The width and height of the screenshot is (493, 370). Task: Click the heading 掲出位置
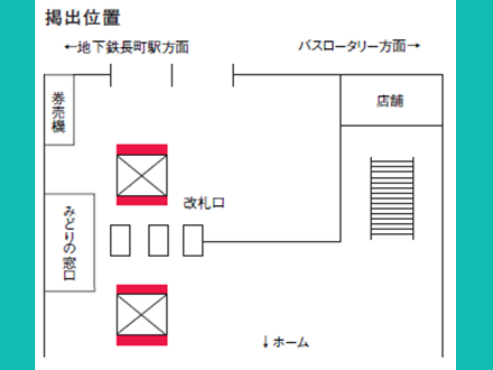[x=83, y=18]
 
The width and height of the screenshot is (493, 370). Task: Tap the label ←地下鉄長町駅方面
[x=127, y=47]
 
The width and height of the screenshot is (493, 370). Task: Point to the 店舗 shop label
[x=390, y=101]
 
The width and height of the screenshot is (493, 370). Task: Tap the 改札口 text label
[x=204, y=203]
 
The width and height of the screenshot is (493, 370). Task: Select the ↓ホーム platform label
[x=286, y=342]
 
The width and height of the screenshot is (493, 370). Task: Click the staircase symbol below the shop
[x=392, y=198]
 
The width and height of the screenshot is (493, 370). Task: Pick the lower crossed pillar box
[x=142, y=314]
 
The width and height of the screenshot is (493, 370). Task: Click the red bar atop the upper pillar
[x=142, y=149]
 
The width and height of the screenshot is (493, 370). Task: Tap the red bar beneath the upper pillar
[x=142, y=201]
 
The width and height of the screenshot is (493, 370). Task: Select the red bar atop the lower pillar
[x=142, y=289]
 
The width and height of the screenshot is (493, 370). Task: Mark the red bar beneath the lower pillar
[x=142, y=340]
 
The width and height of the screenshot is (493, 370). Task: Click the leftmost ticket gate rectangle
[x=120, y=240]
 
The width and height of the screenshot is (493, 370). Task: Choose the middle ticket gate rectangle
[x=158, y=240]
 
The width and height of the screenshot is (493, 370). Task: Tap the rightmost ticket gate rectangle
[x=193, y=240]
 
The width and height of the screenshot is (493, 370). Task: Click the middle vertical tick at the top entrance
[x=172, y=75]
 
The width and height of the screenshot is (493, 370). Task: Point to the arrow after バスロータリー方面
[x=413, y=46]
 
